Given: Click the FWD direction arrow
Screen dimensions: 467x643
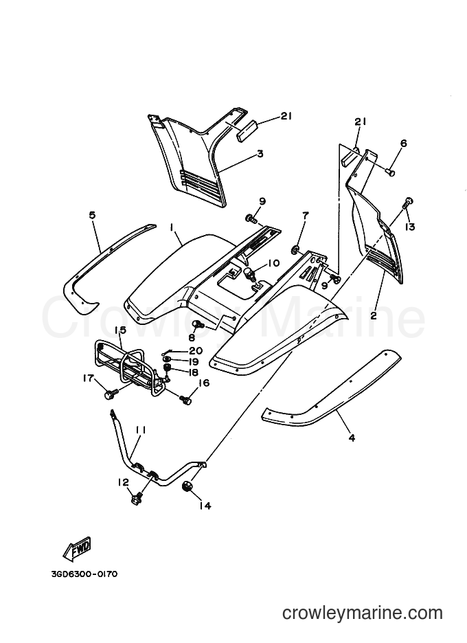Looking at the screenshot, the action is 77,550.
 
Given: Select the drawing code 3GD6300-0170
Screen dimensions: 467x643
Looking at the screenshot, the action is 84,574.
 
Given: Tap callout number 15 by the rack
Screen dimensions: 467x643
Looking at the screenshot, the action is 121,330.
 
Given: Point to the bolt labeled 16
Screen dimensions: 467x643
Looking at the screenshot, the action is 185,398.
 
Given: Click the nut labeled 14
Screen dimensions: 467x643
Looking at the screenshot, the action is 188,487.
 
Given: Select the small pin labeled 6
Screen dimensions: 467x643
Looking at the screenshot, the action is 391,172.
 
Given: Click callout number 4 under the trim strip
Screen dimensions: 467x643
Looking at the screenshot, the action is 352,438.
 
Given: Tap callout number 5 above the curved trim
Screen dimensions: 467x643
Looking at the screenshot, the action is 92,215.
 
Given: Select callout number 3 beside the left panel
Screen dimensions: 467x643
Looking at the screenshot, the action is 260,154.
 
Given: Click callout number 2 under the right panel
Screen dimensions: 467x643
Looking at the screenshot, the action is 374,316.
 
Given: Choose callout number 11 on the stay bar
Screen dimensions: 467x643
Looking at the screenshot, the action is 141,430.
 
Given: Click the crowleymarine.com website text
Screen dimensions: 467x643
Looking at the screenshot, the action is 363,613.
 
